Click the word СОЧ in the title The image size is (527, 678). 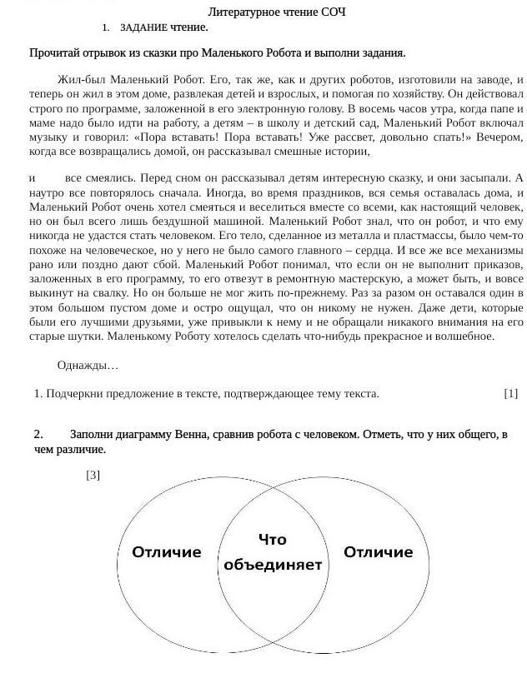coord(334,12)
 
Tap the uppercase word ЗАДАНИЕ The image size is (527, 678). coord(144,27)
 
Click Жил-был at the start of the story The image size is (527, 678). coord(81,80)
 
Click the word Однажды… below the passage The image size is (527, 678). coord(88,366)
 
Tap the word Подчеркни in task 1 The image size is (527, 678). coord(74,394)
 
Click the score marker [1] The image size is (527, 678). coord(510,394)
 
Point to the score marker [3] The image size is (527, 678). coord(93,476)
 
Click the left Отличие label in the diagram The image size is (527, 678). coord(167,552)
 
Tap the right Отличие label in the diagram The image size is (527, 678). coord(378,552)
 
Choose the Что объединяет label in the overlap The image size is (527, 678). coord(272,552)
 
